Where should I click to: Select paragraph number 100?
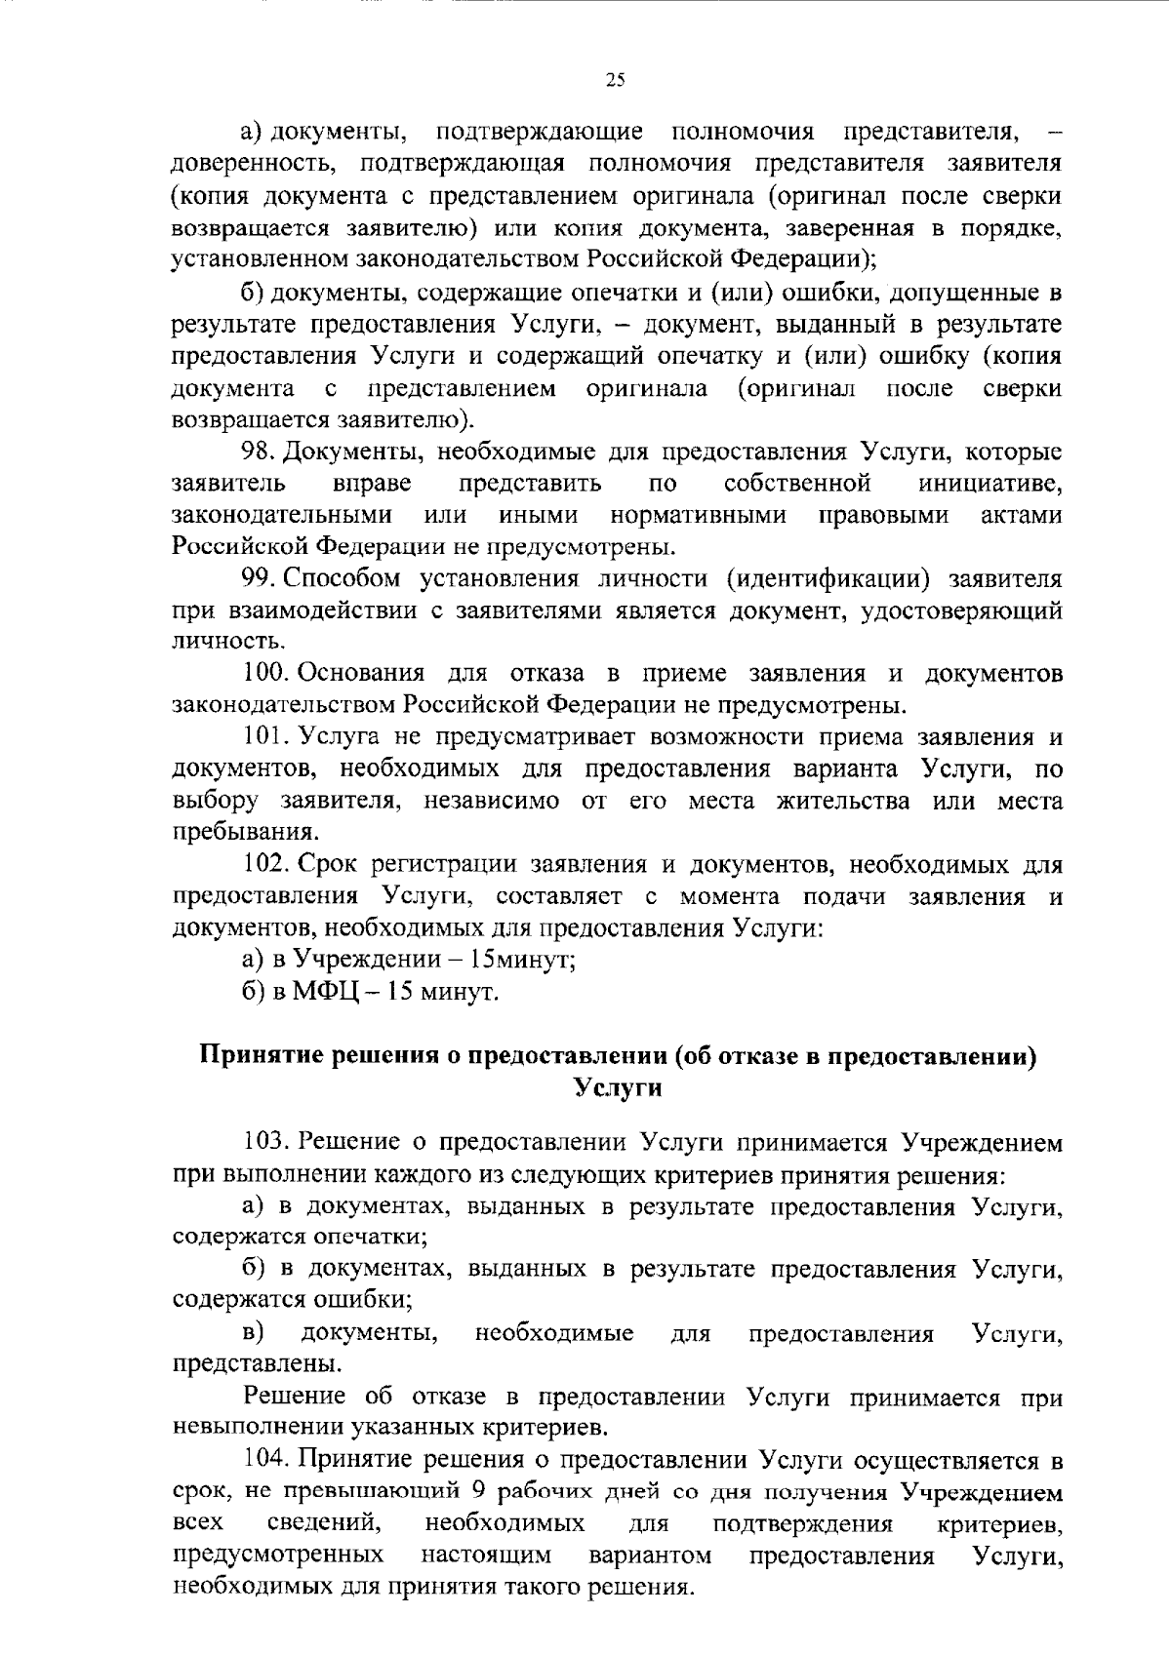(x=264, y=673)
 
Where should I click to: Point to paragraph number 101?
(x=263, y=736)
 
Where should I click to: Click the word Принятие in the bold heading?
(x=261, y=1056)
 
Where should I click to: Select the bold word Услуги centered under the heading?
(x=617, y=1087)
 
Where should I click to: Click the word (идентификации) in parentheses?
(x=828, y=579)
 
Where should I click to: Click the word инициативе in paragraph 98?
(x=989, y=484)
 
